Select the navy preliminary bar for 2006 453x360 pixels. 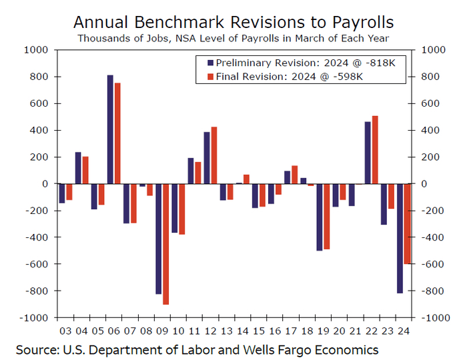pos(110,129)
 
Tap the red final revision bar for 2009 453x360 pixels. pos(165,244)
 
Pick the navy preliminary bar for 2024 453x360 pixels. pos(400,238)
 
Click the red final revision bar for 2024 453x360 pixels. pos(406,223)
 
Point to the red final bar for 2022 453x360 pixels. pos(374,150)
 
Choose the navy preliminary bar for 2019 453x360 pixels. pos(320,217)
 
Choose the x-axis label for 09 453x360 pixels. pos(162,329)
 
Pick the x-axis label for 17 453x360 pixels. pos(291,329)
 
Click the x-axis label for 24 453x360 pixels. pos(403,329)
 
